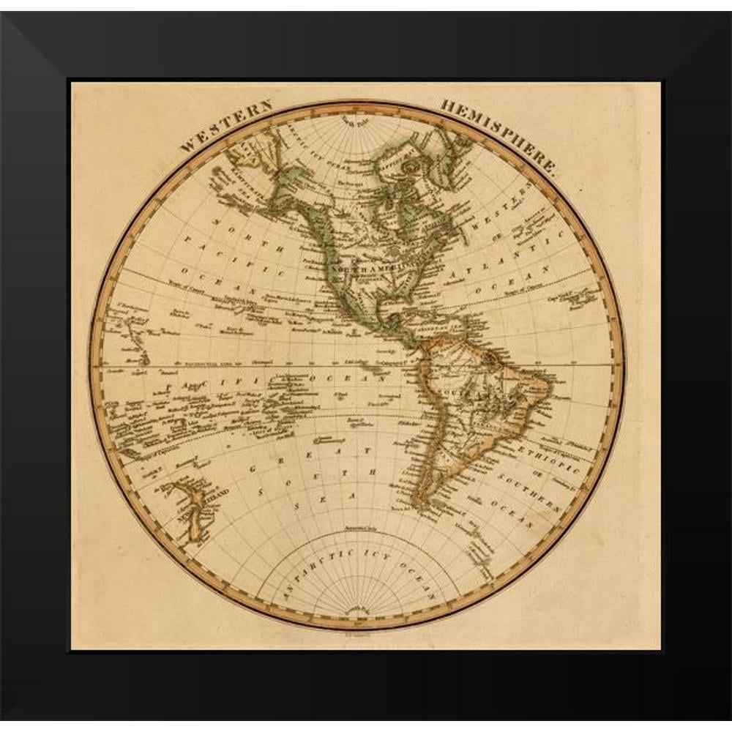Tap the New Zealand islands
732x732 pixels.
pos(189,512)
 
